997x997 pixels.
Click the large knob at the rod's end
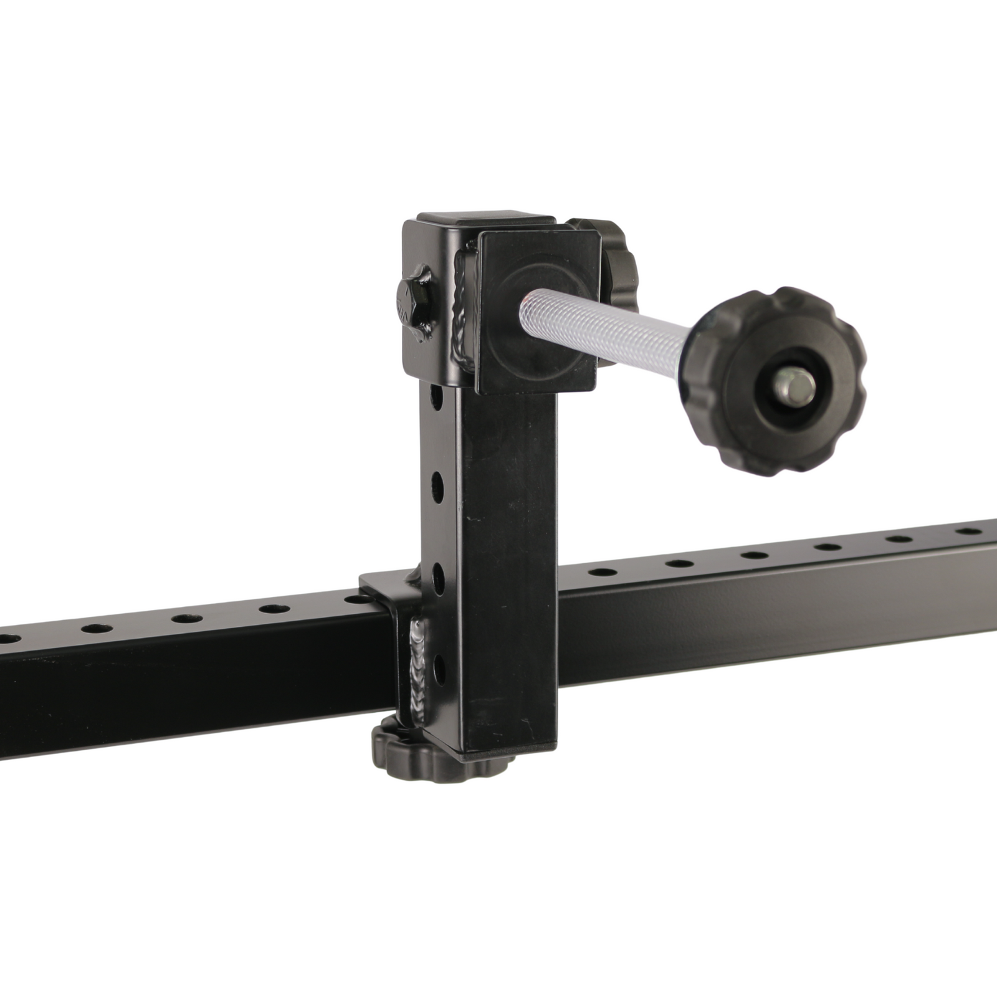(779, 381)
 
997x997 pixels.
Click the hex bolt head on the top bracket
(413, 302)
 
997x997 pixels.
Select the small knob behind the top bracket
(617, 262)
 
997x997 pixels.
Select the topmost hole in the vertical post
(437, 396)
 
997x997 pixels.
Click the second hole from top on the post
(437, 485)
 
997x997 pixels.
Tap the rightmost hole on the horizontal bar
(968, 532)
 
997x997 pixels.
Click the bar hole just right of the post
(603, 571)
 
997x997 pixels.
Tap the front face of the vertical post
(508, 561)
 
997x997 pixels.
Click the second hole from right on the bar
(899, 539)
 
